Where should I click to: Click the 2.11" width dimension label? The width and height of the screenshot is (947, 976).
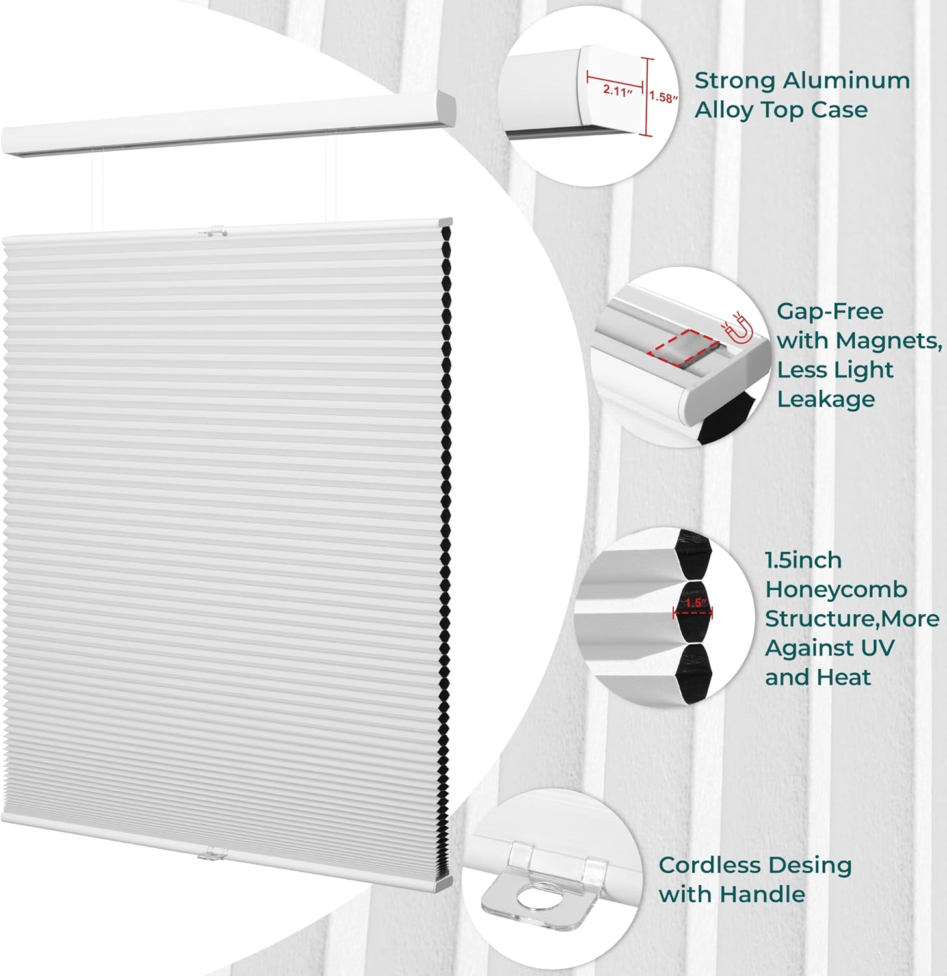tap(617, 90)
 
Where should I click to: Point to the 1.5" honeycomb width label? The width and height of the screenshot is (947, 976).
tap(695, 603)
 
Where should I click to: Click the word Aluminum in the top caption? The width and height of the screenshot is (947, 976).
tap(846, 81)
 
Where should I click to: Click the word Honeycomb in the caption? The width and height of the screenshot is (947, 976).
tap(836, 590)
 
